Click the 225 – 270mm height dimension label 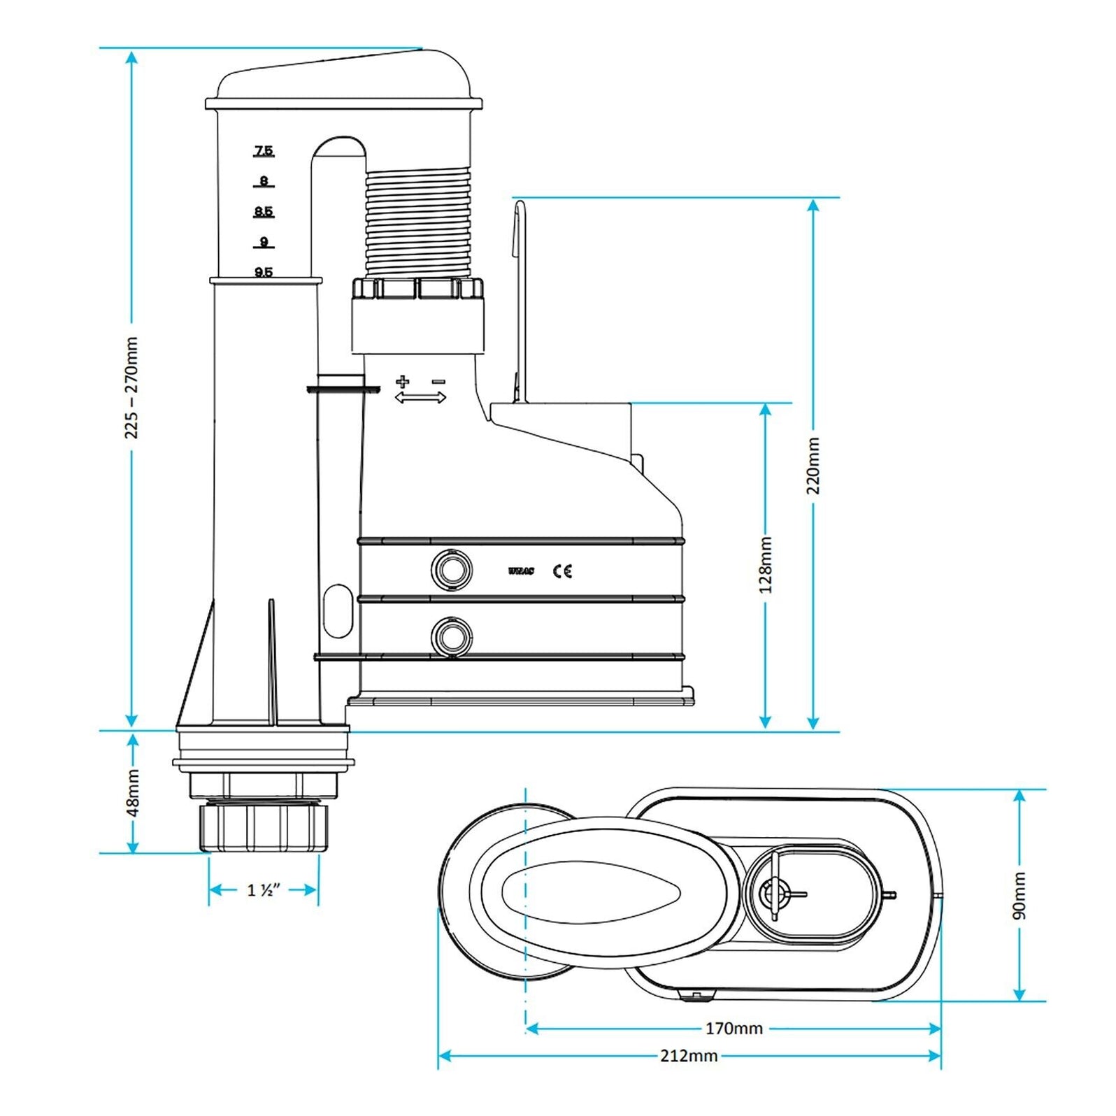131,388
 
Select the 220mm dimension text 813,466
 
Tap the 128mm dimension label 766,565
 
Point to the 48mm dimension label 133,792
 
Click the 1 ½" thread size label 264,890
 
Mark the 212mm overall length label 689,1056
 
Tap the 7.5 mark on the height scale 264,151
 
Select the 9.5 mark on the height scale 264,273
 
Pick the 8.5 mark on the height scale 264,212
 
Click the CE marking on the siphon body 562,571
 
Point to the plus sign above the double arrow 402,381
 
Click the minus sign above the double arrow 438,381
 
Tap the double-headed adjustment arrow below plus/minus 420,398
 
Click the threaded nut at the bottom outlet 264,828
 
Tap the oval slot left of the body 338,610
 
